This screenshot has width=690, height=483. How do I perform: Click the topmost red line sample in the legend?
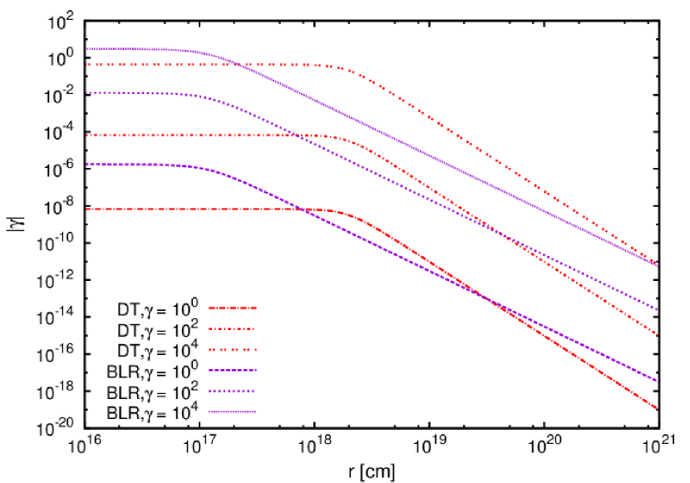click(x=232, y=308)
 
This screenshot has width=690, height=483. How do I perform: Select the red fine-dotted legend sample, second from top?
click(x=232, y=329)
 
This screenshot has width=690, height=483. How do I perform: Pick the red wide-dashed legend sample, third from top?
click(x=232, y=350)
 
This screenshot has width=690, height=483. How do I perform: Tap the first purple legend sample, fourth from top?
click(x=232, y=371)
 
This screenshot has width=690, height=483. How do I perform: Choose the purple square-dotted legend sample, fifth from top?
click(x=232, y=391)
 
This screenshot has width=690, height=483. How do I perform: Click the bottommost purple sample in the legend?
click(x=232, y=412)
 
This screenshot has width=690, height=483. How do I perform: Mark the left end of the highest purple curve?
click(x=86, y=48)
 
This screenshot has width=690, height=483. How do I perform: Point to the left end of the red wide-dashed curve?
click(x=86, y=64)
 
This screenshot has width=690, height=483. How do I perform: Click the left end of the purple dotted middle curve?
click(x=86, y=92)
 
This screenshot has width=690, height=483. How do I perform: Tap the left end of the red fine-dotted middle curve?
click(x=86, y=135)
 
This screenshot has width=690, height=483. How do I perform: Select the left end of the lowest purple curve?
click(x=86, y=165)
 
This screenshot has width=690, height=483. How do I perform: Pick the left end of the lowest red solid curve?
click(x=86, y=209)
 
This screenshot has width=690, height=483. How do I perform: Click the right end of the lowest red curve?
click(x=657, y=408)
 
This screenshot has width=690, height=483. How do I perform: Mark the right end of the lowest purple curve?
click(x=657, y=381)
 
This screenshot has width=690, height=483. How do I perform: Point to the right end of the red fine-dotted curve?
click(x=657, y=334)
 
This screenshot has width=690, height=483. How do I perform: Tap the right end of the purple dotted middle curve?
click(x=657, y=309)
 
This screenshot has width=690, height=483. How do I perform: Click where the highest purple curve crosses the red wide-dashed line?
click(x=235, y=64)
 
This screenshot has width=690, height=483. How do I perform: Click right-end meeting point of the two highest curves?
click(x=656, y=265)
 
